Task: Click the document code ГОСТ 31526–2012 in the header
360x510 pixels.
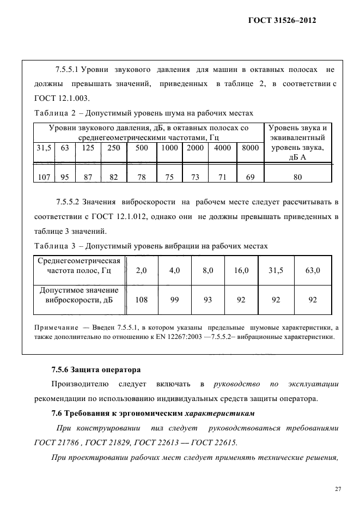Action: point(282,20)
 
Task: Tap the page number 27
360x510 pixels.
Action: point(338,489)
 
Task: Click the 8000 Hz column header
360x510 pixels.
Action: point(250,148)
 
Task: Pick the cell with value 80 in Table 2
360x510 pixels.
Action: point(297,177)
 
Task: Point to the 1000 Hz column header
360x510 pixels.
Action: point(170,148)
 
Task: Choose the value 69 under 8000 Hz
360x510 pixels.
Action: point(250,177)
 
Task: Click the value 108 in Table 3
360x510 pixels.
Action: point(141,299)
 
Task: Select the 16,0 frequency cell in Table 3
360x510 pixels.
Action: point(241,270)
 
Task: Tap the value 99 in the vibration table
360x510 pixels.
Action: point(175,299)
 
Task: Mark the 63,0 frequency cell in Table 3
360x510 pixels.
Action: point(313,270)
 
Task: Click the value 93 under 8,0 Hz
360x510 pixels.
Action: point(208,299)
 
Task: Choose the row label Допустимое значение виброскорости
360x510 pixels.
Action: point(80,295)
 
